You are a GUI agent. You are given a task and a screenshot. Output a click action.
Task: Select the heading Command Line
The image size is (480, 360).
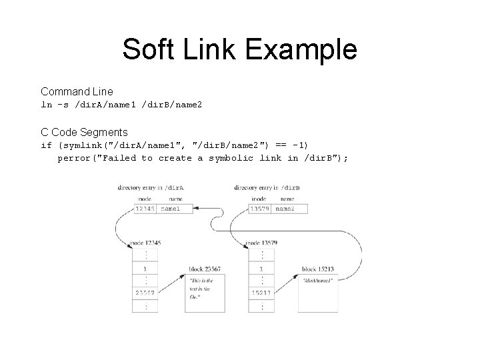coord(77,91)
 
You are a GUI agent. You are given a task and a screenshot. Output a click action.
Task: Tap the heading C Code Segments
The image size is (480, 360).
coord(84,133)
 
